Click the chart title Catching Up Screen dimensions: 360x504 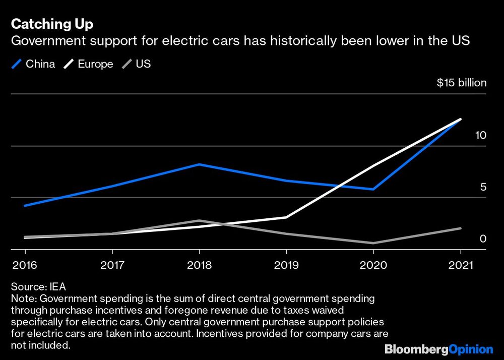point(52,24)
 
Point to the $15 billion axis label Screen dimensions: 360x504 point(461,83)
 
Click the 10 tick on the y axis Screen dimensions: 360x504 point(480,135)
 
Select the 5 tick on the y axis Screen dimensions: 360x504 point(483,187)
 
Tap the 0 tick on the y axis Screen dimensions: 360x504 point(483,238)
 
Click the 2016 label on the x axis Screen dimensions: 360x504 point(25,265)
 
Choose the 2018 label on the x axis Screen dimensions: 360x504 point(199,265)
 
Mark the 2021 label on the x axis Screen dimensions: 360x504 point(460,265)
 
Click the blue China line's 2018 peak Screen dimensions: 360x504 point(199,164)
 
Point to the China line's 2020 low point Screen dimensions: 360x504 point(373,189)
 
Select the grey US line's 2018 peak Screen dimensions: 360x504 point(199,220)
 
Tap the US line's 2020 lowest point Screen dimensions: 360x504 point(373,243)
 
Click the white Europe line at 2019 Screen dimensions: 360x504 point(286,217)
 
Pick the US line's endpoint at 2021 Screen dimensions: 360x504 point(460,228)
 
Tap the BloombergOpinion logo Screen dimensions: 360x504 point(438,349)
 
